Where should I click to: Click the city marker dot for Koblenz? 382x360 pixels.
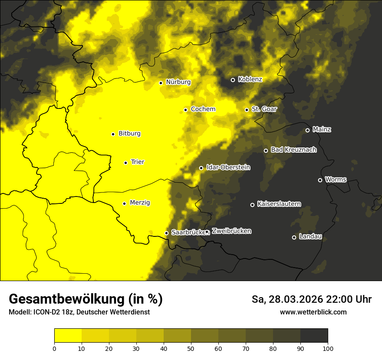pyautogui.click(x=233, y=80)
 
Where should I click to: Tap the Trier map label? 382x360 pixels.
pyautogui.click(x=138, y=162)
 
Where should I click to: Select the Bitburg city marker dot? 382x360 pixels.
pyautogui.click(x=113, y=134)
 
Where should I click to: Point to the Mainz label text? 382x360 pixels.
pyautogui.click(x=322, y=130)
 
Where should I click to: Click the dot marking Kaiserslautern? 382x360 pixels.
pyautogui.click(x=252, y=205)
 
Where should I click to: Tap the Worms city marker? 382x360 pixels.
pyautogui.click(x=320, y=180)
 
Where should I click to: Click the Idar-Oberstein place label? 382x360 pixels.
pyautogui.click(x=228, y=167)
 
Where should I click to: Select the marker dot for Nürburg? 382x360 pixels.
pyautogui.click(x=161, y=83)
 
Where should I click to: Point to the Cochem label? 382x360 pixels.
pyautogui.click(x=203, y=109)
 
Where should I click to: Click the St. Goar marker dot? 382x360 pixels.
pyautogui.click(x=247, y=110)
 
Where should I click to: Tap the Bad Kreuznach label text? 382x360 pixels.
pyautogui.click(x=293, y=150)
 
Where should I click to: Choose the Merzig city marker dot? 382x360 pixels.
pyautogui.click(x=124, y=203)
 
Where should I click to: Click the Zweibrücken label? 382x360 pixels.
pyautogui.click(x=231, y=231)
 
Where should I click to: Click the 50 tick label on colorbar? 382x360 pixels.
pyautogui.click(x=191, y=348)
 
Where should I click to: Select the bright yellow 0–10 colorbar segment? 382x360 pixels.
pyautogui.click(x=68, y=336)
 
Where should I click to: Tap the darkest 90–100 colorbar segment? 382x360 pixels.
pyautogui.click(x=314, y=336)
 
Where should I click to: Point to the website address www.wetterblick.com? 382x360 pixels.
pyautogui.click(x=313, y=312)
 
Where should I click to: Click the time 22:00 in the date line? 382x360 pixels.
pyautogui.click(x=338, y=299)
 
